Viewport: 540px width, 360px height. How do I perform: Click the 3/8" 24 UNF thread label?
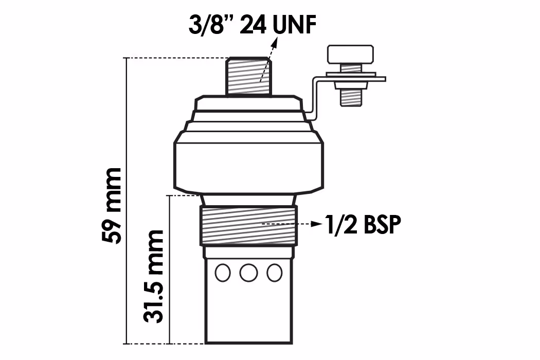click(253, 25)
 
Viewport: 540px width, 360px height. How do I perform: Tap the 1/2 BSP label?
click(363, 225)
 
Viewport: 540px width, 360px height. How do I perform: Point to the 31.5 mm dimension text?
click(153, 276)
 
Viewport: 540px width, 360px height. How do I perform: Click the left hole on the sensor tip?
click(223, 273)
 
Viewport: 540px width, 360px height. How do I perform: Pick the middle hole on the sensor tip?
click(248, 273)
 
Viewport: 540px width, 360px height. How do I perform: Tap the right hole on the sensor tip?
click(275, 273)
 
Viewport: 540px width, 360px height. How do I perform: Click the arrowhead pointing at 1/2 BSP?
click(316, 224)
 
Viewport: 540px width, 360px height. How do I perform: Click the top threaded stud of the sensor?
click(248, 76)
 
